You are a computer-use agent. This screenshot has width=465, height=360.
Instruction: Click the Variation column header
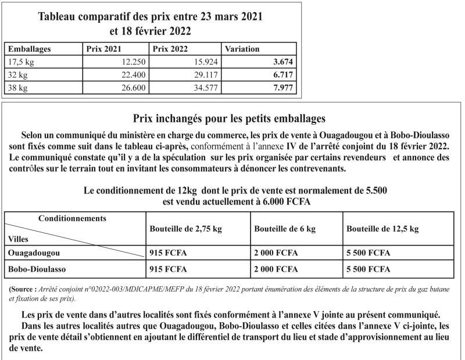point(242,49)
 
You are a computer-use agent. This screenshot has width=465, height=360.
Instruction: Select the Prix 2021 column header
point(103,49)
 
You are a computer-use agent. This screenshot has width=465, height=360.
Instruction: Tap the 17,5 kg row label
point(22,62)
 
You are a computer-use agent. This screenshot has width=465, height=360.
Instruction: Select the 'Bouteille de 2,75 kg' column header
point(186,229)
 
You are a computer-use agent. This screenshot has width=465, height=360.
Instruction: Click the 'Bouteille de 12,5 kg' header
point(382,229)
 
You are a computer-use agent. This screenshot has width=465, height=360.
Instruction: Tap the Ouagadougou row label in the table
point(34,253)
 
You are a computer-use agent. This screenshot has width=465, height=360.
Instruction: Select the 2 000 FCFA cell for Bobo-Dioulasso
point(276,269)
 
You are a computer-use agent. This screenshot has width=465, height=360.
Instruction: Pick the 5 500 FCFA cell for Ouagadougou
point(369,253)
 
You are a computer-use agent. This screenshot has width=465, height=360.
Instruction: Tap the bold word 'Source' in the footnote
point(25,289)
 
